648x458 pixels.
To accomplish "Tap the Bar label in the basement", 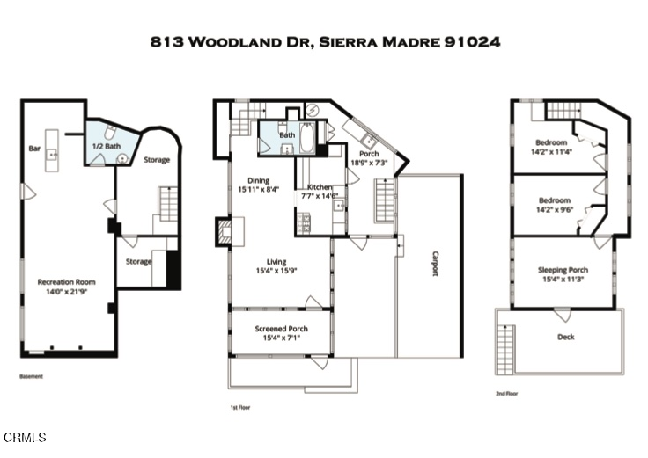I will tap(35, 148).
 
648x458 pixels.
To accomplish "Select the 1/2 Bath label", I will tap(107, 146).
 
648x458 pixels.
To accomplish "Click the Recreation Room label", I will tap(66, 282).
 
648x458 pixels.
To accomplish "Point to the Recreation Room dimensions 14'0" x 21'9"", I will tap(66, 292).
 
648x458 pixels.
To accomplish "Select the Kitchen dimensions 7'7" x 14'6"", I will tap(320, 197).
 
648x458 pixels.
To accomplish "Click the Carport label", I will tap(434, 264).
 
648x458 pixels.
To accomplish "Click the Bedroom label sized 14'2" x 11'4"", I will tap(552, 142).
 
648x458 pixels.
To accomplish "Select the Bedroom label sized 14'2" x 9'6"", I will tap(554, 200).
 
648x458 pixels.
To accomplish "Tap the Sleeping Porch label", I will tap(563, 270).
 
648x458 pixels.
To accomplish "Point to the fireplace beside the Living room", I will tap(224, 231).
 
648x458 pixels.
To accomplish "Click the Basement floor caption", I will tap(31, 376).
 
